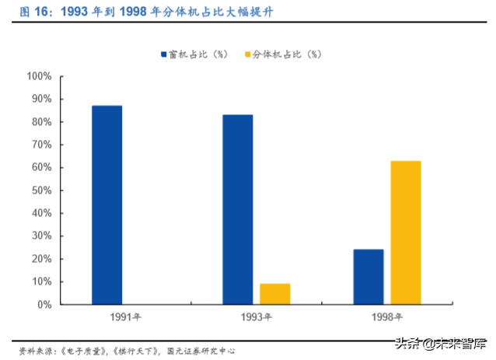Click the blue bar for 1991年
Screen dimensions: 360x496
tap(107, 204)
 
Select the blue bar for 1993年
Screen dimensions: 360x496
tap(237, 209)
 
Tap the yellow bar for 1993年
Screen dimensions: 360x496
tap(274, 294)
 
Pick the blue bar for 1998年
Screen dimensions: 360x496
tap(368, 277)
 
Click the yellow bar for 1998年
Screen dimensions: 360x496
tap(405, 232)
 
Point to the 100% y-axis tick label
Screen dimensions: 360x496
tap(39, 76)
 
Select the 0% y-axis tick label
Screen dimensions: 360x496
tap(44, 304)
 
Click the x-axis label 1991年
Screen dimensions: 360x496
tap(107, 317)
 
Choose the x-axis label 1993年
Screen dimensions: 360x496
tap(256, 317)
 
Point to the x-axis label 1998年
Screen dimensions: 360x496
tap(386, 317)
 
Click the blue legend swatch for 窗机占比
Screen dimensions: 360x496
tap(164, 54)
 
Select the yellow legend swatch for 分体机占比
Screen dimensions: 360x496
tap(247, 54)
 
